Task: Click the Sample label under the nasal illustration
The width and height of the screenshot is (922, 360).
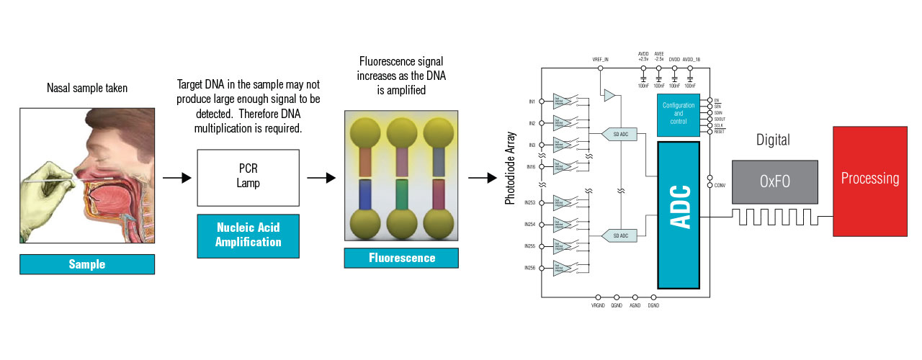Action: pyautogui.click(x=87, y=264)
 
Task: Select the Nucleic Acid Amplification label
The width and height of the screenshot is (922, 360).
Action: pyautogui.click(x=248, y=235)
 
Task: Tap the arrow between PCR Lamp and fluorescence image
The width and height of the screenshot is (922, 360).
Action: pyautogui.click(x=321, y=178)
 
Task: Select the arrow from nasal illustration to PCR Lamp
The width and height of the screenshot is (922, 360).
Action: pyautogui.click(x=176, y=178)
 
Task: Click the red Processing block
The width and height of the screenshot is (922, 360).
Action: pyautogui.click(x=870, y=181)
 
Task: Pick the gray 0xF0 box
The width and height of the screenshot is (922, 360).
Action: pyautogui.click(x=775, y=181)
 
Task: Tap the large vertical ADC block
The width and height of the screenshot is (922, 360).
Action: pyautogui.click(x=678, y=215)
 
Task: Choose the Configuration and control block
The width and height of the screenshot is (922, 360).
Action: pyautogui.click(x=678, y=114)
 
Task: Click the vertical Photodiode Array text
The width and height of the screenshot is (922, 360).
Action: pyautogui.click(x=509, y=168)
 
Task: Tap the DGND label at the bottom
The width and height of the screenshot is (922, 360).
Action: pyautogui.click(x=653, y=306)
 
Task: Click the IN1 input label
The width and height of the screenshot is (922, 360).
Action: pyautogui.click(x=532, y=102)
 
